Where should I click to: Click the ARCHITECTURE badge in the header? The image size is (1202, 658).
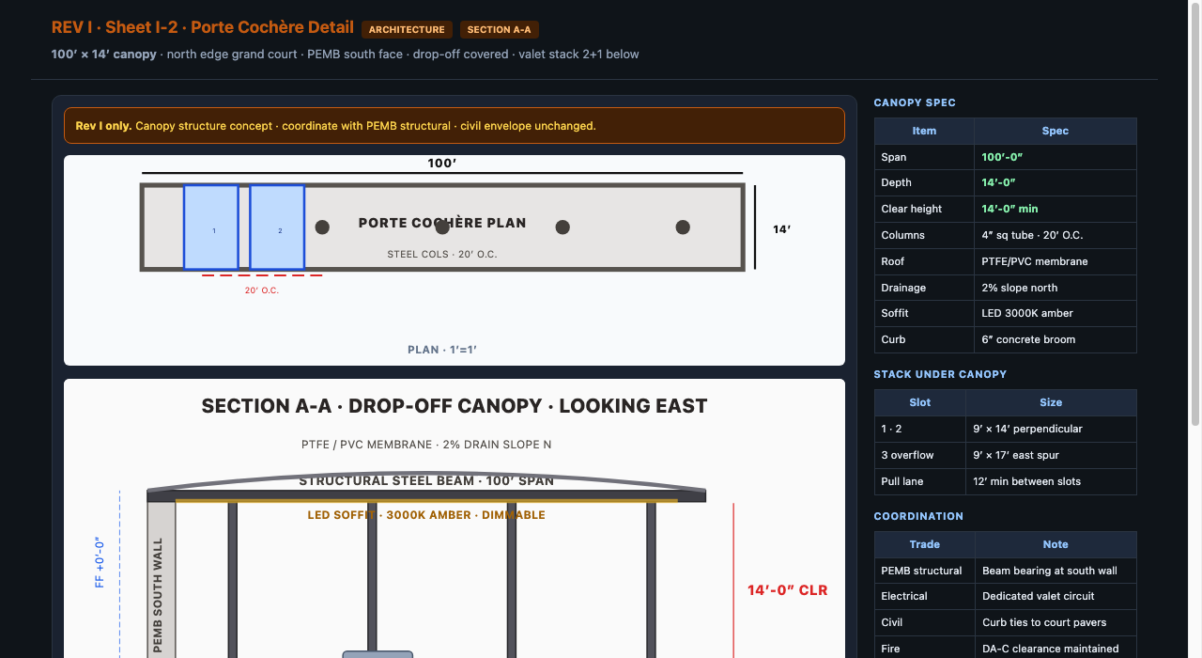coord(407,29)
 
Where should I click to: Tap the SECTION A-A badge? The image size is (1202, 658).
coord(499,29)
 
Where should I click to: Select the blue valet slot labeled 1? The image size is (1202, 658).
coord(211,227)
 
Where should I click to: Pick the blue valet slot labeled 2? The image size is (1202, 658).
coord(277,227)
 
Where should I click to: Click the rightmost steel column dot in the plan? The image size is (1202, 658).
coord(683,227)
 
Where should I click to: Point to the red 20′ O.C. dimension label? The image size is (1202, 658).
coord(262,290)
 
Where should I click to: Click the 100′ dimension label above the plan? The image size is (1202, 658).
coord(441,164)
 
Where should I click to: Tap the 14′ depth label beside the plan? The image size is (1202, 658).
coord(781,229)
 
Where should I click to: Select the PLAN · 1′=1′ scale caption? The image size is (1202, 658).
coord(442,350)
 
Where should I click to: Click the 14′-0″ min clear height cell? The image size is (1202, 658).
coord(1009,209)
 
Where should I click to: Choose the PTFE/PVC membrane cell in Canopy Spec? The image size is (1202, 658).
coord(1035,261)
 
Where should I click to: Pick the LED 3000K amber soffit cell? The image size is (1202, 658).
coord(1027,313)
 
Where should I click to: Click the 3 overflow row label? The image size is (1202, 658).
coord(907,455)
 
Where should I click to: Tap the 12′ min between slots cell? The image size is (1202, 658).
coord(1026,481)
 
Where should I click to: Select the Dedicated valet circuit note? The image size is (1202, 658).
coord(1038,596)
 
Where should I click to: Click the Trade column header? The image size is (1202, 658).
coord(925,544)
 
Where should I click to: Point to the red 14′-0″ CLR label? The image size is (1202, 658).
coord(787,590)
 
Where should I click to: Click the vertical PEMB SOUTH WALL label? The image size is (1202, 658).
coord(158,595)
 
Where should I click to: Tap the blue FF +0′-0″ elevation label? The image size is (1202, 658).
coord(100,562)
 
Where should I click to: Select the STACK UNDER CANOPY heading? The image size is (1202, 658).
coord(940,374)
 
